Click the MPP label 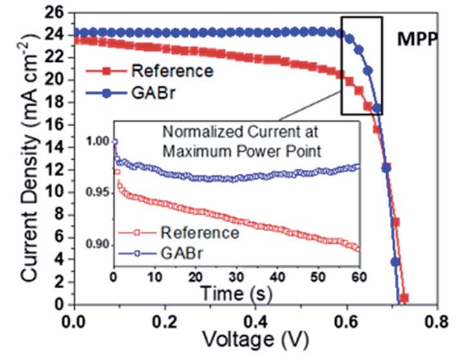coord(418,39)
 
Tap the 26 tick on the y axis coord(57,12)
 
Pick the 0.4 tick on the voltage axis coord(257,321)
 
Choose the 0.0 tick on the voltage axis coord(75,321)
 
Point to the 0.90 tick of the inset coord(97,245)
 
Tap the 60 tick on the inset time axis coord(359,278)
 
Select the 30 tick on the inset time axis coord(237,278)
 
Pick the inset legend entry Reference coord(194,232)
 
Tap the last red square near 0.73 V coord(404,298)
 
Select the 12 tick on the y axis coord(57,169)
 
